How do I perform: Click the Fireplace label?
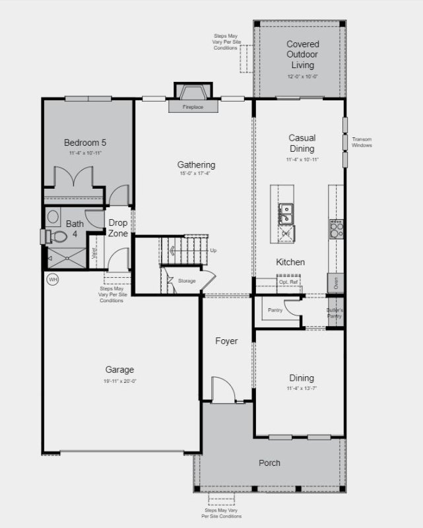pos(193,106)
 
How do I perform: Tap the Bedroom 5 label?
pos(84,142)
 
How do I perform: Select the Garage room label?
pos(119,370)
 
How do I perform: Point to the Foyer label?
pos(226,341)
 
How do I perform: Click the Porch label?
pos(269,463)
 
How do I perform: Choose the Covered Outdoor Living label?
pos(302,55)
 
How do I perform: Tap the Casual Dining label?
pos(302,143)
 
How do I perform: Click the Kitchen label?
pos(290,262)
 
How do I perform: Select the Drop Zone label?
pos(117,228)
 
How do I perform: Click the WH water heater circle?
pos(53,280)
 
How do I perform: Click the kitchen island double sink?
pos(286,213)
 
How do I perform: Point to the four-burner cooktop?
pos(336,228)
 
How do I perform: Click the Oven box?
pos(336,283)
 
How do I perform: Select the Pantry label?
pos(275,310)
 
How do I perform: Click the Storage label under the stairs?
pos(187,281)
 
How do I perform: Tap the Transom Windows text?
pos(361,142)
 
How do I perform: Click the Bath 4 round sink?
pos(53,216)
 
